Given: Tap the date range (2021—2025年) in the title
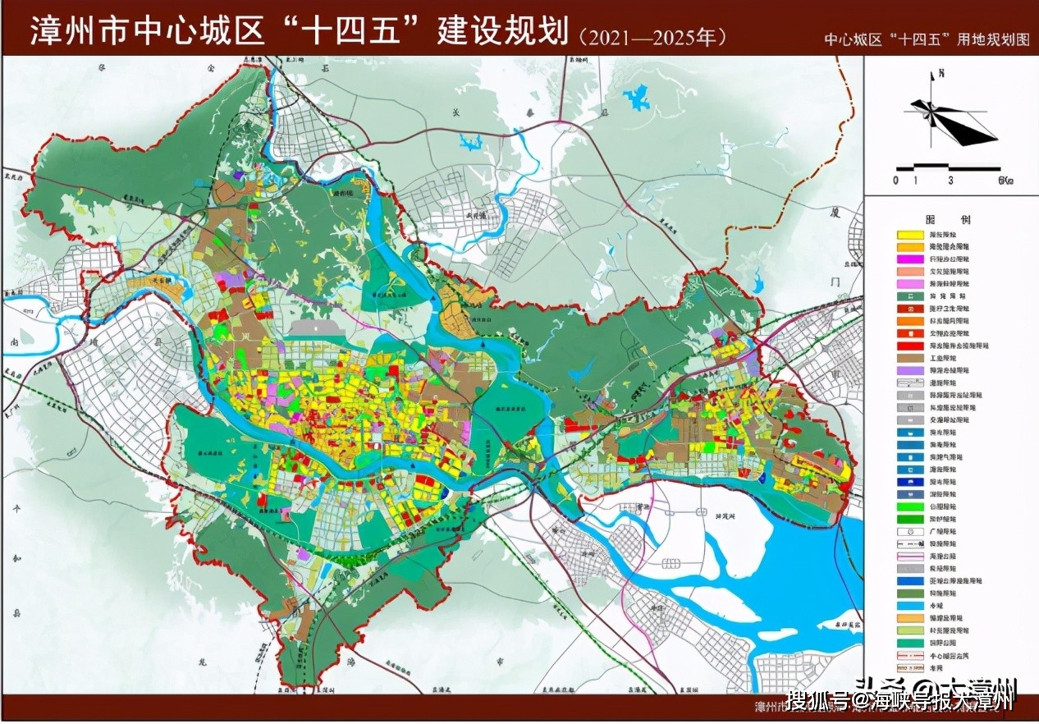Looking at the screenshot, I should pos(652,37).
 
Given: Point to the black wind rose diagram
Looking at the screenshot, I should pos(953,121).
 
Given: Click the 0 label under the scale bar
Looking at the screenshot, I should pos(898,180).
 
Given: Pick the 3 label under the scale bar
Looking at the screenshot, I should pos(950,180).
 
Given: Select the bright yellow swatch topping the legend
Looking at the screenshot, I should pos(910,235).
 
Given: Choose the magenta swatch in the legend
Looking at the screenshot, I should pos(910,259).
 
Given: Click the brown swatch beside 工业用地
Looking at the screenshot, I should pos(910,358).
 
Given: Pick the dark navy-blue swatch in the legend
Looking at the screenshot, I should pos(910,482).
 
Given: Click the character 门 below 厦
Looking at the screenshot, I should pos(835,282).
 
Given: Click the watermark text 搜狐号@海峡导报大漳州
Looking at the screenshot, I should pos(901,700).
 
